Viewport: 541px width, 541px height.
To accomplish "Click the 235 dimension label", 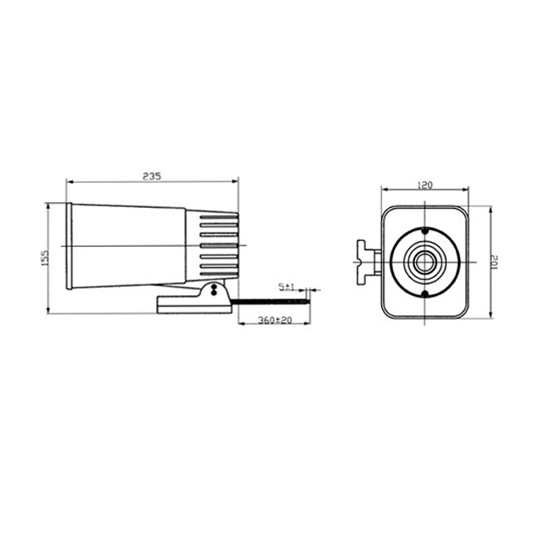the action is (152, 177).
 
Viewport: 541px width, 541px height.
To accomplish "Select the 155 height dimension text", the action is (45, 258).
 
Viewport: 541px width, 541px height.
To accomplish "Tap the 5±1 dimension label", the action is (287, 287).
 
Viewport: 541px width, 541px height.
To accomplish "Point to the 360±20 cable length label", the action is (275, 320).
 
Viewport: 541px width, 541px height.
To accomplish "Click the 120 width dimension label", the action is (424, 185).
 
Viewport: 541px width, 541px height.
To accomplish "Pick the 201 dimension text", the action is (495, 262).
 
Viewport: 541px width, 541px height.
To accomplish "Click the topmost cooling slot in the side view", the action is (219, 217).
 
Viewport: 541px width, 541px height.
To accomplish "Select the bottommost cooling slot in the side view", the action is (219, 274).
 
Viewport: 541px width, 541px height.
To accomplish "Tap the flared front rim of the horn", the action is (69, 246).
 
